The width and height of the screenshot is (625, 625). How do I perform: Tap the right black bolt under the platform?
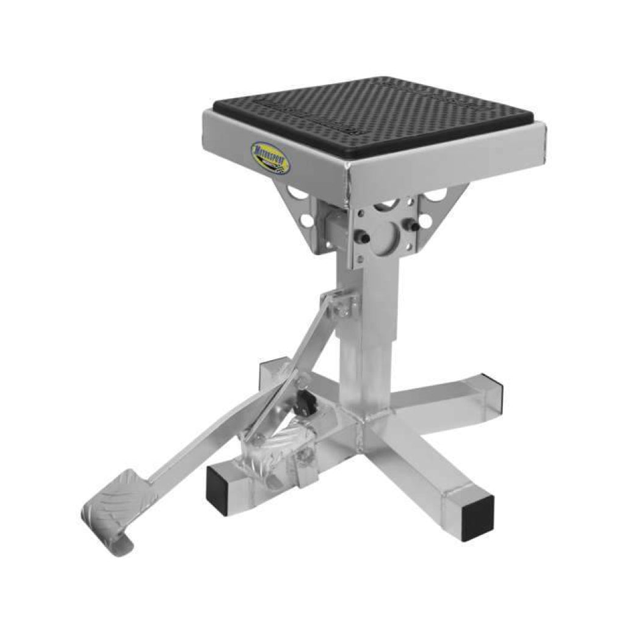(415, 225)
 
